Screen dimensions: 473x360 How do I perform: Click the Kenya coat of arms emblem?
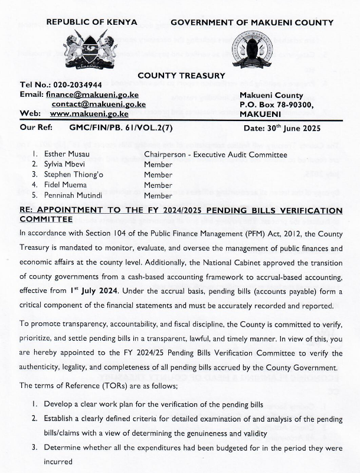click(x=90, y=48)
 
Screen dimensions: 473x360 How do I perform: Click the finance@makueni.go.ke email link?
click(x=91, y=94)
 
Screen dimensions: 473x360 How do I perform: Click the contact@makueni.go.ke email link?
click(x=99, y=104)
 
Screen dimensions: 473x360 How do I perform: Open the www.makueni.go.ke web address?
click(x=89, y=113)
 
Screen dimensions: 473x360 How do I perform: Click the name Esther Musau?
click(x=65, y=155)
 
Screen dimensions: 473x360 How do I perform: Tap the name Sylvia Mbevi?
click(x=66, y=165)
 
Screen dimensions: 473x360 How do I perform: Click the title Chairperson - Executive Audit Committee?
click(x=215, y=155)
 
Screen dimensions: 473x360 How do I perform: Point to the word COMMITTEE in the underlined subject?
click(x=47, y=218)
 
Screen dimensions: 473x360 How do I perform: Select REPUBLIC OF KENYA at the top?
click(x=91, y=22)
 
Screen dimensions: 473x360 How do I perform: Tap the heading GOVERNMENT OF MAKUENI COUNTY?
click(x=252, y=22)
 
